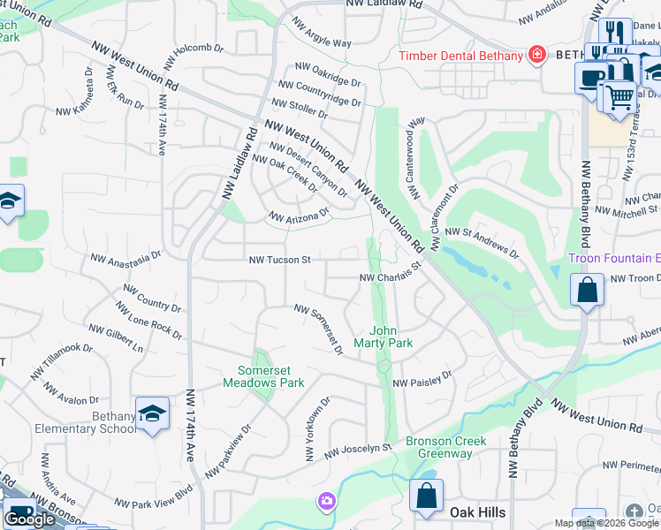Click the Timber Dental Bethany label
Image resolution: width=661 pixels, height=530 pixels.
point(460,56)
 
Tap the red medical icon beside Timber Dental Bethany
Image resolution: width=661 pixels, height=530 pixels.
point(536,55)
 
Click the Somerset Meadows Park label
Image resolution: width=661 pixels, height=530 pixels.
point(270,376)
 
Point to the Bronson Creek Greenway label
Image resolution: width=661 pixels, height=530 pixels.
point(439,447)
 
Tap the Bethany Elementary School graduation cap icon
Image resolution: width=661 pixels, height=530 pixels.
point(152,413)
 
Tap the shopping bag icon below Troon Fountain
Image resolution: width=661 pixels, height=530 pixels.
point(587,291)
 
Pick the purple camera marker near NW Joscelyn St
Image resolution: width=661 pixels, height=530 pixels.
point(327,503)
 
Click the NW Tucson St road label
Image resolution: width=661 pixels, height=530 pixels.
point(280,261)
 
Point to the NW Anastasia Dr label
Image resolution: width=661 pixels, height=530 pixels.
point(126,258)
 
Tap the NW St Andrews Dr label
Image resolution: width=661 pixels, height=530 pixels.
point(482,240)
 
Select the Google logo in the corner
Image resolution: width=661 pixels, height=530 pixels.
point(29,519)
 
